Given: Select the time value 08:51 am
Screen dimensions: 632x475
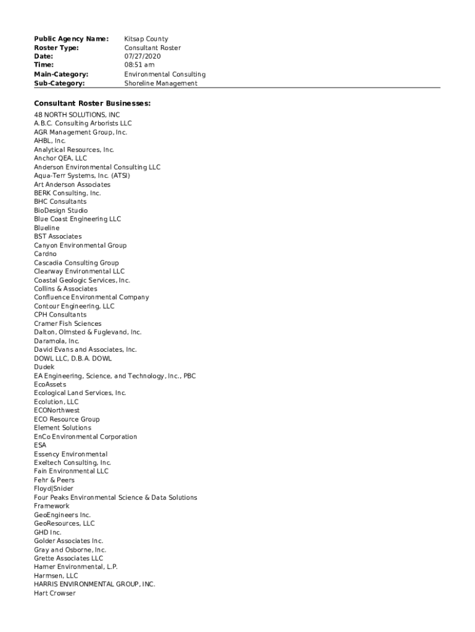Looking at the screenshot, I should [x=139, y=65].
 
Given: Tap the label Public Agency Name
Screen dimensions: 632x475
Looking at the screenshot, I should [x=71, y=39].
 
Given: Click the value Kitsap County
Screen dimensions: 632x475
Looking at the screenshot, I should [x=146, y=39].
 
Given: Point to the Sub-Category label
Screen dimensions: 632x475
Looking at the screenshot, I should [x=59, y=83].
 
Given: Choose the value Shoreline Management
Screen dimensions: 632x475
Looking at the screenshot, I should [x=160, y=83].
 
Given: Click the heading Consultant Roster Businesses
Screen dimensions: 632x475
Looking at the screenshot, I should [x=92, y=104].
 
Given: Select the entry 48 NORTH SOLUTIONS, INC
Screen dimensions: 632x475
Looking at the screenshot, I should [x=77, y=115].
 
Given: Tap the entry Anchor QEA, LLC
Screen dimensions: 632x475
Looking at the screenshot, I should [x=60, y=159].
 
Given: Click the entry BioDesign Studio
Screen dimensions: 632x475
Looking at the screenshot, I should [x=60, y=210].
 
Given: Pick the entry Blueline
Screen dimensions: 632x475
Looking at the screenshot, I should [x=47, y=228].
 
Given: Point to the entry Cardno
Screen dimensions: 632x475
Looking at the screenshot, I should [x=45, y=254].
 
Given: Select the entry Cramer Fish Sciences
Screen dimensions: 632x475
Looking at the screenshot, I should [x=68, y=323].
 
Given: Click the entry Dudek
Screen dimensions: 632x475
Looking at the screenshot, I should [x=44, y=367].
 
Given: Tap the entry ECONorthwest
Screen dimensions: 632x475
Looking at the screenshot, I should [x=57, y=410].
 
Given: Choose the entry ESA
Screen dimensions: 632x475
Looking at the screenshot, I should [x=40, y=445].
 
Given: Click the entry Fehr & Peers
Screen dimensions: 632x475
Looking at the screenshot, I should [x=54, y=480].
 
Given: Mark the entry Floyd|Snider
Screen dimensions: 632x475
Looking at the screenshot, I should [x=54, y=489].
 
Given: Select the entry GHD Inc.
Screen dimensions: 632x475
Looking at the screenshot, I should [x=47, y=532].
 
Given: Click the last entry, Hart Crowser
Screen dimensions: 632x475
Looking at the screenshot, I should [x=54, y=593].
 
